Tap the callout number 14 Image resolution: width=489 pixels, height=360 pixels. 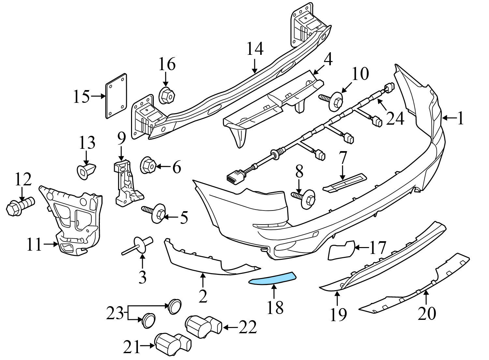(255, 49)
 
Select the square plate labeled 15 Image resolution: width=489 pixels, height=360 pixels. (116, 96)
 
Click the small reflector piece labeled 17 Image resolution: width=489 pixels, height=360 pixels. (341, 250)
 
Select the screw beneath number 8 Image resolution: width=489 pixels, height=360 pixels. (304, 199)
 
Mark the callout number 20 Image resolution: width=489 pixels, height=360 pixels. (427, 314)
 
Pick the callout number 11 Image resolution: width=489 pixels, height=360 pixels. (34, 244)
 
